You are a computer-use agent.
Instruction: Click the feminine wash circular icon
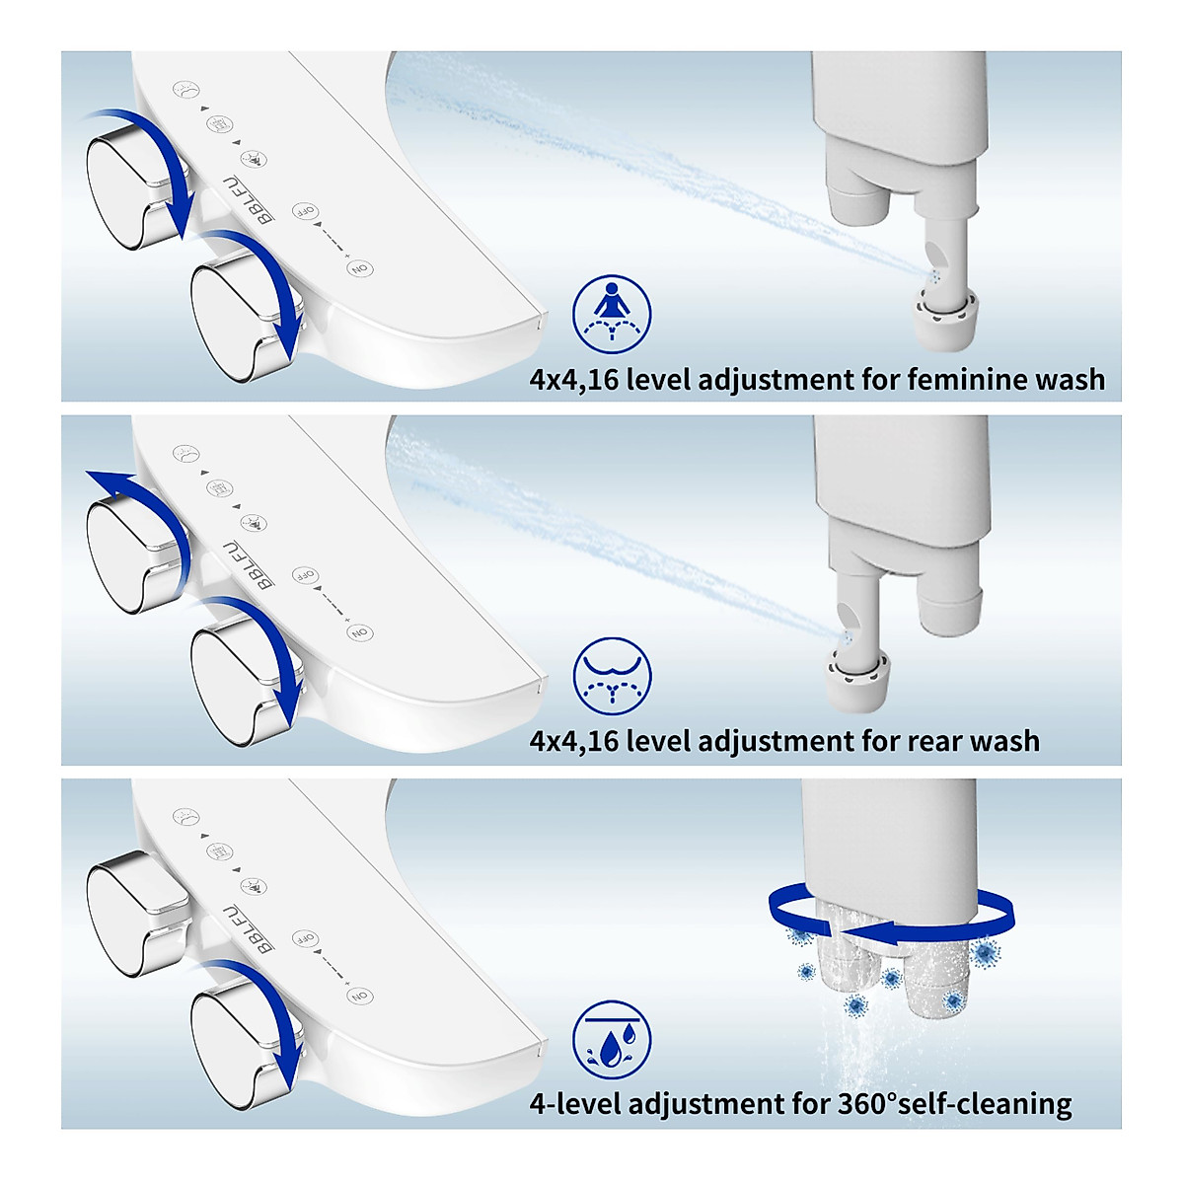coord(612,314)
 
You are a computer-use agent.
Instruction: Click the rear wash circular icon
coord(612,676)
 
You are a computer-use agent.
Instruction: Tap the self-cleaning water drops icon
coord(612,1040)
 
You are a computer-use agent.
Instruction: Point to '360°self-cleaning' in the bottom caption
coord(954,1103)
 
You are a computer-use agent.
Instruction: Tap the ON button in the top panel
coord(360,268)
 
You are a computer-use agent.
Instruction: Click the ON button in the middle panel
coord(360,632)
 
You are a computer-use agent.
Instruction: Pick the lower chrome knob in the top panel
coord(237,316)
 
